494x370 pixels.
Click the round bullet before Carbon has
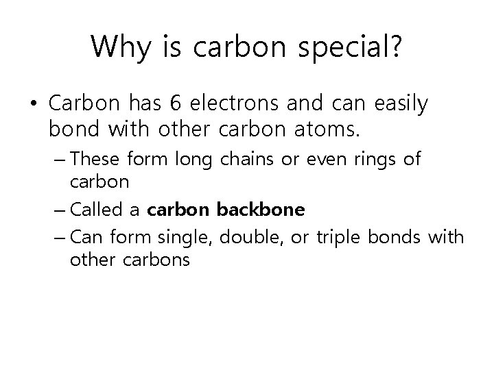click(x=34, y=105)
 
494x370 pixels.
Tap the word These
click(x=93, y=159)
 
